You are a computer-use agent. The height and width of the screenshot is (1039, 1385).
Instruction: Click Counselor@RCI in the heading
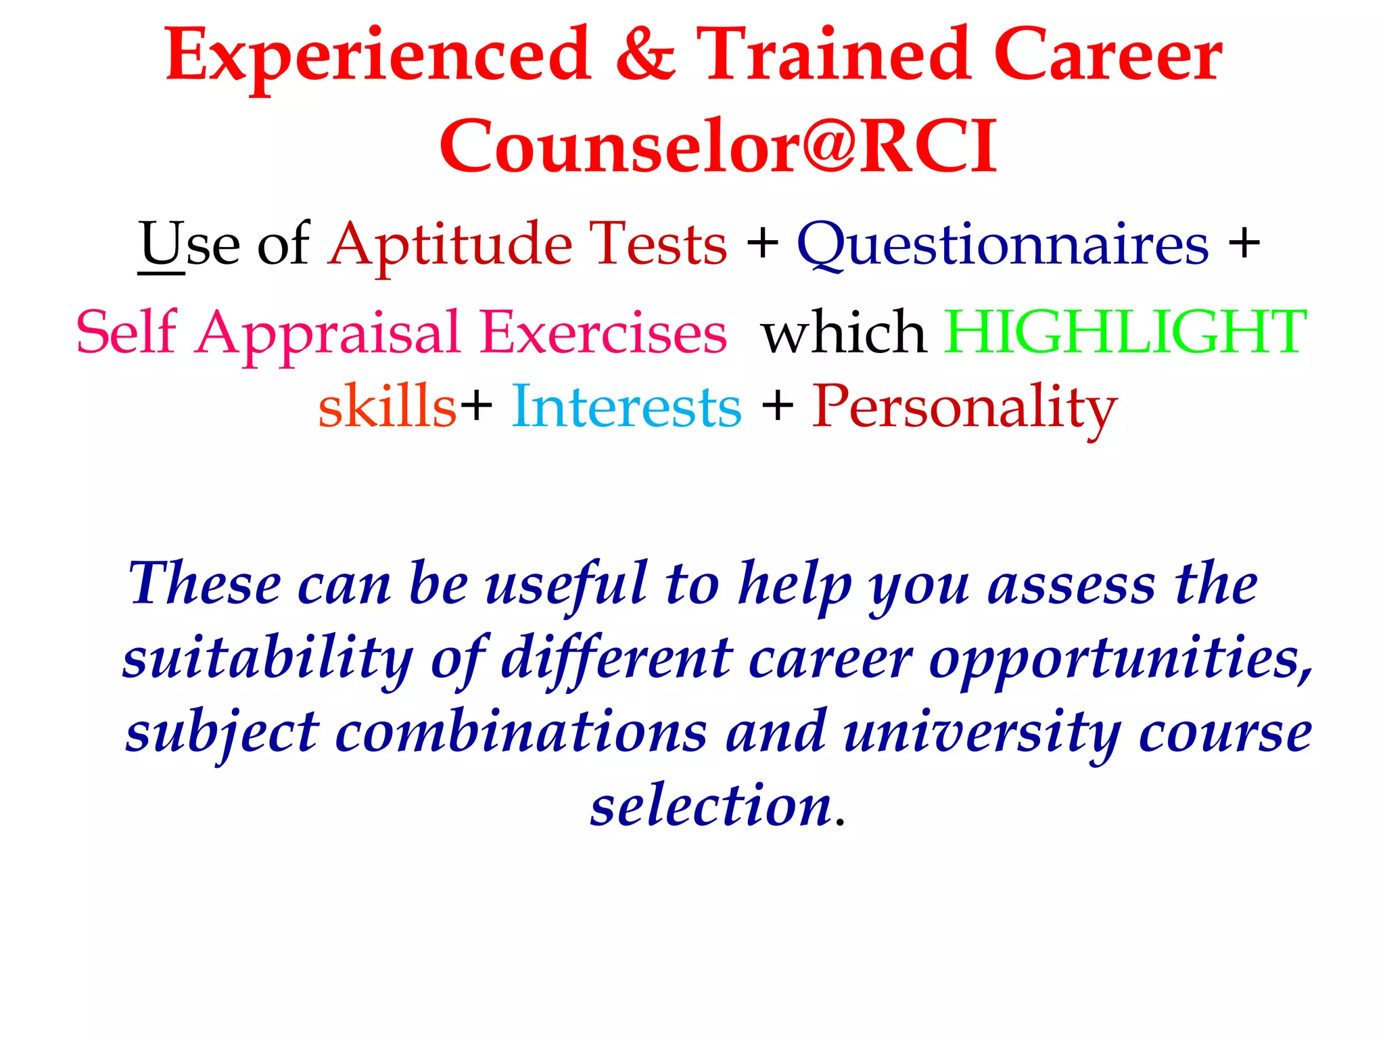point(718,146)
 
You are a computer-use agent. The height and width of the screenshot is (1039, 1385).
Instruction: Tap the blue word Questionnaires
point(1002,246)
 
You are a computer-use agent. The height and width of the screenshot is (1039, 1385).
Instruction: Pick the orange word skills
point(388,407)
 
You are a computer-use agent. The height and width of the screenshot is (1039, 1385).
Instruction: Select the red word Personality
point(964,408)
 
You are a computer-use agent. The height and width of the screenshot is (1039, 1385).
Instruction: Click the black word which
point(843,333)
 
